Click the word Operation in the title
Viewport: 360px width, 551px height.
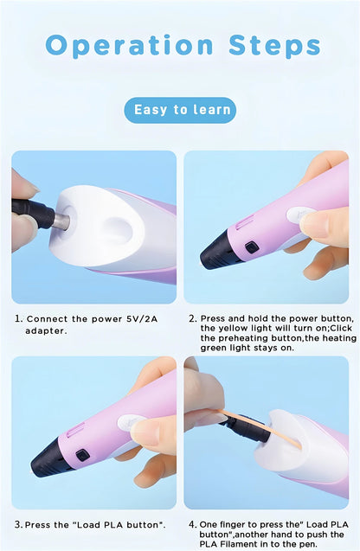[130, 46]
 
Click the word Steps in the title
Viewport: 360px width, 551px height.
[274, 45]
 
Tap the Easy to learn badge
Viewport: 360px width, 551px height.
[180, 110]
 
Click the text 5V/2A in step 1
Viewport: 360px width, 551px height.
[142, 319]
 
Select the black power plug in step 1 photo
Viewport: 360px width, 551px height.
[33, 212]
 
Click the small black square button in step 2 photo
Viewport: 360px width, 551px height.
[252, 247]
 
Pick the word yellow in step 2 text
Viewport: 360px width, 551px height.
[233, 328]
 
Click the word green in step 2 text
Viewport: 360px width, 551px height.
[214, 348]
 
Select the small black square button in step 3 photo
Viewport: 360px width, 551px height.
[82, 455]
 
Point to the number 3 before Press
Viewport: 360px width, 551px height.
[18, 525]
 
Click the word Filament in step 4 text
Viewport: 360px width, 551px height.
[238, 544]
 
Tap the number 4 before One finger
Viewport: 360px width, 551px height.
[192, 525]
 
